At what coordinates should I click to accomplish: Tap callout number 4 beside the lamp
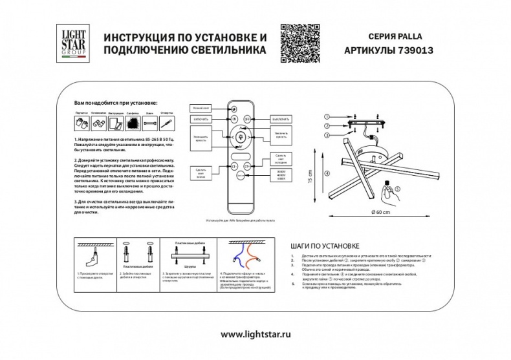tap(327, 172)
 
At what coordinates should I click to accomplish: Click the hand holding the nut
tap(387, 192)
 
